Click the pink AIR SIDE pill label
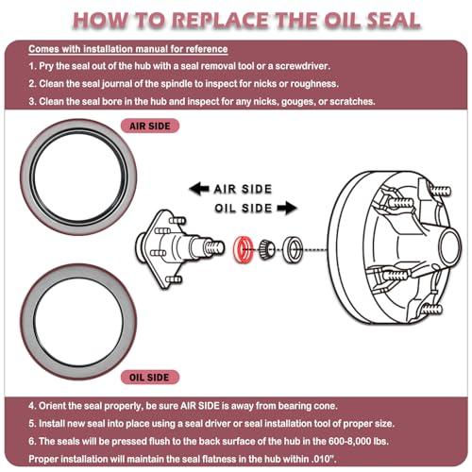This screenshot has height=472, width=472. pos(150,126)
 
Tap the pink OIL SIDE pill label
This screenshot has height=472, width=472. pos(150,378)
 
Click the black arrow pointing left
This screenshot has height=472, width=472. pos(199,189)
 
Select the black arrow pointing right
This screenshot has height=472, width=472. pos(287,208)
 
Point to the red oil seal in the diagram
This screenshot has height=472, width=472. pos(243,249)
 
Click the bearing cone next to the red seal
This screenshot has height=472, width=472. pos(267,249)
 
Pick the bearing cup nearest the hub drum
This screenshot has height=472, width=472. pos(293,249)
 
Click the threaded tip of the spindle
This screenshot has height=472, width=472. pos(215,247)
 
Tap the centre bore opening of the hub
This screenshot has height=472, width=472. pos(449,245)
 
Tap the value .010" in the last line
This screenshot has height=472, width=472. pos(324,459)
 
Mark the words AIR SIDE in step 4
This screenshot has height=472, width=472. pos(199,406)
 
